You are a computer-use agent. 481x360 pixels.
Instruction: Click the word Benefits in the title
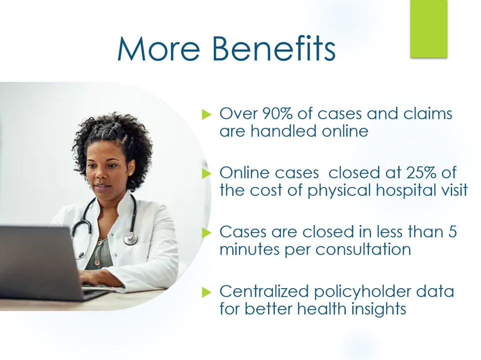[274, 49]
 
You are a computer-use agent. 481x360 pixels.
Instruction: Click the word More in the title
[159, 49]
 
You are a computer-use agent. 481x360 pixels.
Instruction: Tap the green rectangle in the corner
[429, 28]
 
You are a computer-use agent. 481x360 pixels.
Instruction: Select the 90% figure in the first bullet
[277, 113]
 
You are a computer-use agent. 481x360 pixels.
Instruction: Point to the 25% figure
[421, 173]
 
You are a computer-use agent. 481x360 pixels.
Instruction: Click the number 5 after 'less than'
[453, 232]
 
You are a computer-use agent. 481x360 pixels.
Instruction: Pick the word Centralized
[264, 291]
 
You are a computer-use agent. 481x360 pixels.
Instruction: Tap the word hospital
[407, 190]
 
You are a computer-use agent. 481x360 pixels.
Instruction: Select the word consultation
[363, 249]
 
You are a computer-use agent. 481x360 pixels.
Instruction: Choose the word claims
[428, 113]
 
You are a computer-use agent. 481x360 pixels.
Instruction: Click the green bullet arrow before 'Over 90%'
[207, 114]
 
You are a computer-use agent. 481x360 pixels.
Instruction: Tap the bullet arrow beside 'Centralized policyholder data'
[207, 292]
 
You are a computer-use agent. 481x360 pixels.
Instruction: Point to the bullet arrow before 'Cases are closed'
[207, 233]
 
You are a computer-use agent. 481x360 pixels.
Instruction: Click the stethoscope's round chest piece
[131, 238]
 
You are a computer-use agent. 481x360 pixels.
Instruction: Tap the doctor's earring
[130, 174]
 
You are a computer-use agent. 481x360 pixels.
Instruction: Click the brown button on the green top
[97, 263]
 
